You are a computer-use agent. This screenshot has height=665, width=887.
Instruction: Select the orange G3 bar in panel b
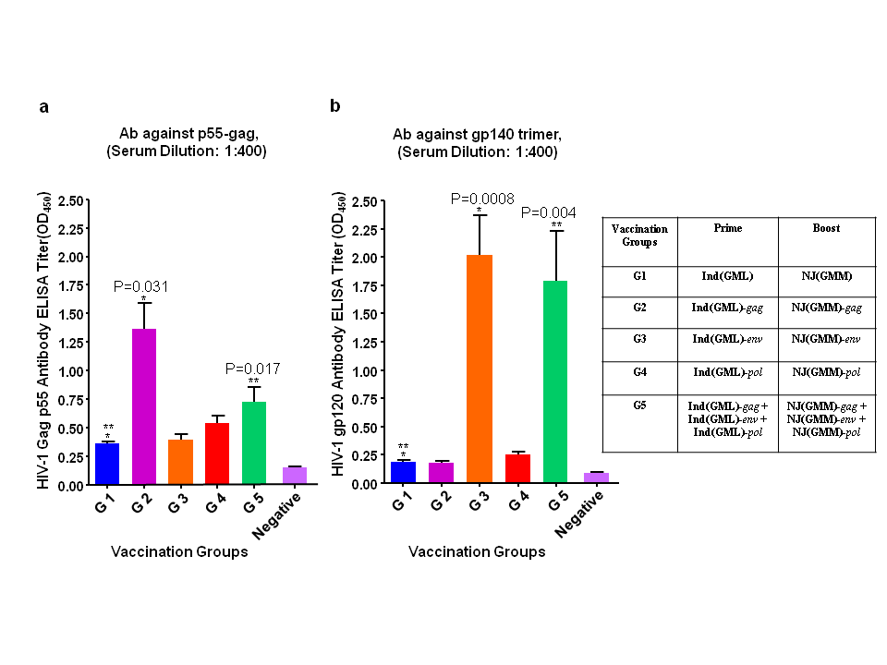click(479, 369)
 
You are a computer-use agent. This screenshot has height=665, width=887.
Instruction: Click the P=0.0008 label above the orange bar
click(482, 198)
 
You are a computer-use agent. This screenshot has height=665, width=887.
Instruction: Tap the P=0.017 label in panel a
click(254, 369)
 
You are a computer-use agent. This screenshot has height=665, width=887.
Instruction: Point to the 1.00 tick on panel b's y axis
click(365, 371)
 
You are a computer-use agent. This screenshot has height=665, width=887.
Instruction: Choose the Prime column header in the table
click(727, 227)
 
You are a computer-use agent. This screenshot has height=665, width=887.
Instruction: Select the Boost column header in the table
click(827, 227)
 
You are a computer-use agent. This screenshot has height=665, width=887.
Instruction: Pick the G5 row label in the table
click(639, 405)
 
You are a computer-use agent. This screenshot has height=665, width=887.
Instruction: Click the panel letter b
click(334, 106)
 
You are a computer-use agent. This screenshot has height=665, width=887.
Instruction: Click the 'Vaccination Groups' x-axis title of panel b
click(477, 552)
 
